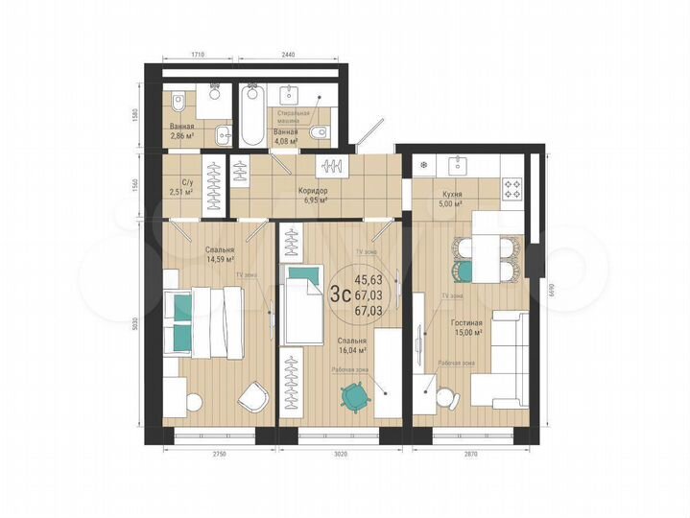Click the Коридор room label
tap(315, 191)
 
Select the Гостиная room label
tap(467, 324)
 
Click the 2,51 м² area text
tap(181, 192)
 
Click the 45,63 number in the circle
tap(368, 280)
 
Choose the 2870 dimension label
tap(469, 454)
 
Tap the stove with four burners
tap(512, 189)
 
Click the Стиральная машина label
tap(295, 119)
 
